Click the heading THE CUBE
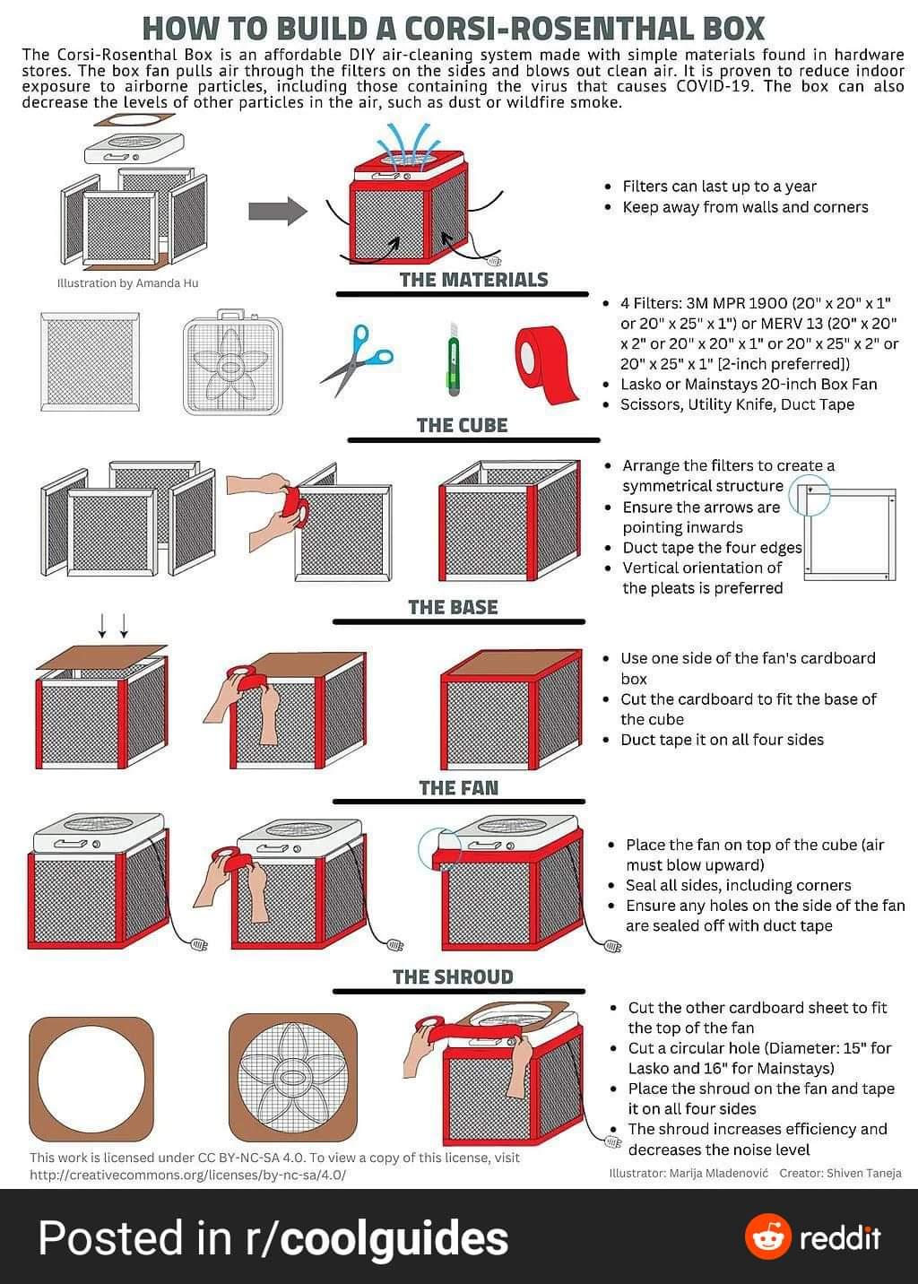click(x=462, y=425)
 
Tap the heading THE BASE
click(x=453, y=607)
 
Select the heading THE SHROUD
click(x=453, y=976)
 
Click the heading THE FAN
click(x=458, y=788)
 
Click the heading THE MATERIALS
click(x=473, y=280)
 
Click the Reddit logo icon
click(x=768, y=1237)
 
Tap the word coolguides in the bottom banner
click(x=394, y=1238)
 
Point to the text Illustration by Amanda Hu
click(x=127, y=283)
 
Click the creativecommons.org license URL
click(x=187, y=1174)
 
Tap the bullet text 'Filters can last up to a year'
click(x=719, y=187)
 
